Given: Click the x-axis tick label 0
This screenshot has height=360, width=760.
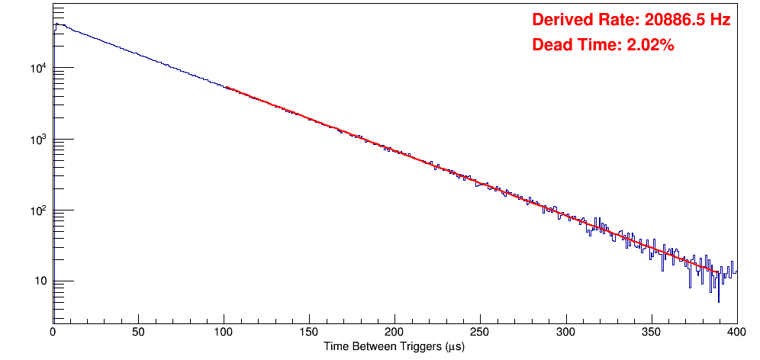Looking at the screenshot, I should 52,332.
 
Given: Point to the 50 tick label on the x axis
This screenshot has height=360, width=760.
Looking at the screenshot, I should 138,332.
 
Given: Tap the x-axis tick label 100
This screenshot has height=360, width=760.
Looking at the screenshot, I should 224,332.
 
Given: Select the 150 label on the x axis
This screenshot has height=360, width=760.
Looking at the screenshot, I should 309,332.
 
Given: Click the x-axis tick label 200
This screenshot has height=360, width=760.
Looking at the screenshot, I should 394,332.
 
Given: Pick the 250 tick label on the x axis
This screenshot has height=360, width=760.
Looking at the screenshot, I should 480,332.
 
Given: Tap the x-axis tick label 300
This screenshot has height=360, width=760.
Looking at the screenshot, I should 565,332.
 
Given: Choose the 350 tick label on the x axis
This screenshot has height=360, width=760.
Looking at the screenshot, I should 651,332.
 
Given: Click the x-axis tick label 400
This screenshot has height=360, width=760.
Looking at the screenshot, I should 736,332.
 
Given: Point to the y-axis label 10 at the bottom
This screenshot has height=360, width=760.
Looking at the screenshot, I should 40,281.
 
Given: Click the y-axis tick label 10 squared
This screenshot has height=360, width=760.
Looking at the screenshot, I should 39,211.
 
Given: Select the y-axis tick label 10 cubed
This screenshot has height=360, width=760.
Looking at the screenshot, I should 39,140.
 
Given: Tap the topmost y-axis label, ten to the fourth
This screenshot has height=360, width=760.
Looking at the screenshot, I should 39,69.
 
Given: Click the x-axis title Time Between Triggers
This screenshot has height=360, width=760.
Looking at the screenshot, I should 394,346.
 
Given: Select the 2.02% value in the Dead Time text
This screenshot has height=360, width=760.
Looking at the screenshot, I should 650,45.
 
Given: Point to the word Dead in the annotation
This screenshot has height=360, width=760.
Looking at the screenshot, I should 550,45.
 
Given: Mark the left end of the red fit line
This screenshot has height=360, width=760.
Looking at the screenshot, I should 227,88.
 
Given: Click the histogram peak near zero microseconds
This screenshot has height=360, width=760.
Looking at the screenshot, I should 56,24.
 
